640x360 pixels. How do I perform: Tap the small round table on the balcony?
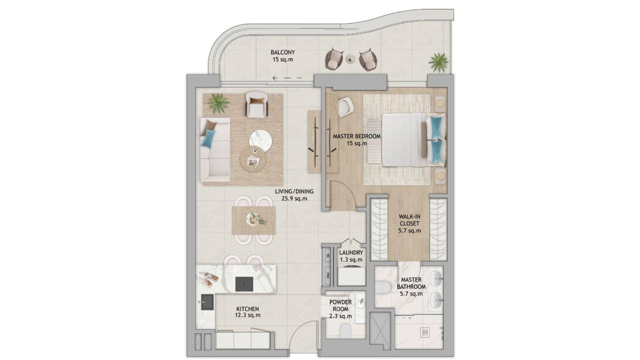[350, 59]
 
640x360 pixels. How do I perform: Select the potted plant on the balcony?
[438, 62]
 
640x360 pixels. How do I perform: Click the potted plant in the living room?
[218, 103]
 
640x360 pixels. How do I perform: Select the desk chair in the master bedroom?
[344, 107]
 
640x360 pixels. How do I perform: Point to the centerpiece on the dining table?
[256, 219]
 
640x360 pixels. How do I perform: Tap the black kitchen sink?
[207, 302]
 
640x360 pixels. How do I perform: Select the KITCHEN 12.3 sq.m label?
[248, 312]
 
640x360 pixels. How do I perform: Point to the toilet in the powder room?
[345, 330]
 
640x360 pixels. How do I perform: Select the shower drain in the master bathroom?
[425, 332]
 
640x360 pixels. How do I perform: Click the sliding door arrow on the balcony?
[287, 78]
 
